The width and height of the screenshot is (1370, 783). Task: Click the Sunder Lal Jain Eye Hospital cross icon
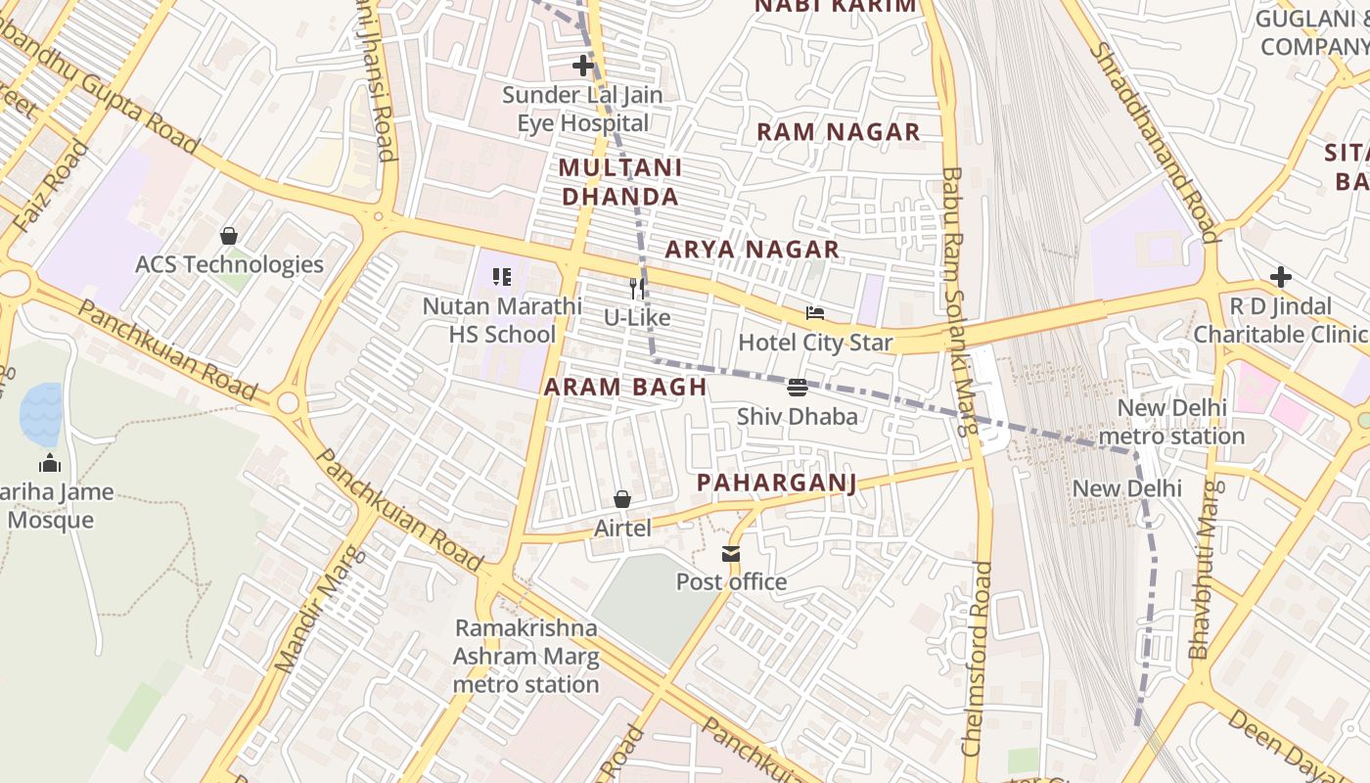pyautogui.click(x=583, y=67)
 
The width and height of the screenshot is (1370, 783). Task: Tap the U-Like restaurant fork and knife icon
pyautogui.click(x=637, y=288)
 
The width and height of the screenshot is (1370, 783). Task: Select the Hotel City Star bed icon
pyautogui.click(x=815, y=313)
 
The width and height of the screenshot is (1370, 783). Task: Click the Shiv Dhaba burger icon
pyautogui.click(x=798, y=387)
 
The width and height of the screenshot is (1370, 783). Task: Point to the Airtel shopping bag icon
pyautogui.click(x=622, y=499)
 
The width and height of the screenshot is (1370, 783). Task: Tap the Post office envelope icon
pyautogui.click(x=731, y=554)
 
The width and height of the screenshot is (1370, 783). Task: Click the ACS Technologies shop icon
pyautogui.click(x=229, y=236)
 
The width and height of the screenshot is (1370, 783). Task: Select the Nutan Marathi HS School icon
pyautogui.click(x=502, y=277)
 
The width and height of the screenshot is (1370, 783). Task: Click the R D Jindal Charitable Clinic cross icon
pyautogui.click(x=1280, y=277)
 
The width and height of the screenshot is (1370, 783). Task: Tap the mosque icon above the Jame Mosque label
pyautogui.click(x=49, y=463)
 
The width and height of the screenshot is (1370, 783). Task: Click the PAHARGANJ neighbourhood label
pyautogui.click(x=776, y=483)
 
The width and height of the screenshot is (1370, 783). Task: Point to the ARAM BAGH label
pyautogui.click(x=625, y=387)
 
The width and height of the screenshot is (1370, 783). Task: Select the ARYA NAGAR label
pyautogui.click(x=752, y=250)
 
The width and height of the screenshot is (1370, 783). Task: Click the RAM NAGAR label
pyautogui.click(x=839, y=132)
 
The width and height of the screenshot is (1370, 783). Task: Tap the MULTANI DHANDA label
pyautogui.click(x=619, y=182)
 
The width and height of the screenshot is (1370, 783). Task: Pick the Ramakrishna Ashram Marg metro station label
pyautogui.click(x=525, y=656)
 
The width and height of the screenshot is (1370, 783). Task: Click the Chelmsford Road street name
pyautogui.click(x=976, y=658)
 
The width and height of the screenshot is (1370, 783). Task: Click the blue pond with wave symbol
pyautogui.click(x=41, y=414)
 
